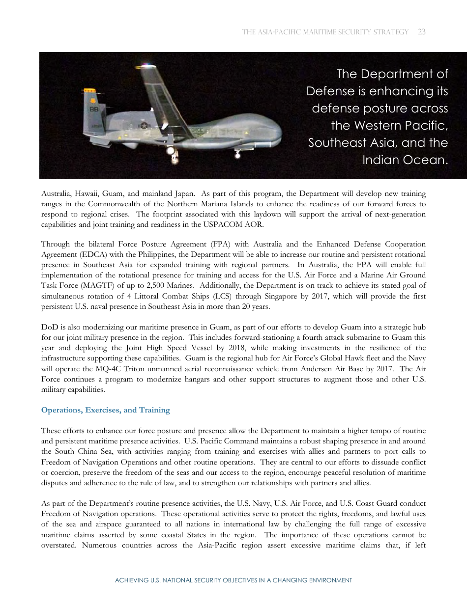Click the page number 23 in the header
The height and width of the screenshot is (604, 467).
(421, 32)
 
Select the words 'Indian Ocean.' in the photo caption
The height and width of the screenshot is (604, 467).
(405, 160)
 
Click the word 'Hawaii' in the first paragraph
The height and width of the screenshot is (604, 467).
(87, 194)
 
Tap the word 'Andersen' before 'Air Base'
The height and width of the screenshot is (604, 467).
(318, 369)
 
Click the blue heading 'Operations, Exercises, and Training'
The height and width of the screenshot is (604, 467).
(106, 410)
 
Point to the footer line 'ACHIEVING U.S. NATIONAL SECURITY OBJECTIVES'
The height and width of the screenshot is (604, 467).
(233, 580)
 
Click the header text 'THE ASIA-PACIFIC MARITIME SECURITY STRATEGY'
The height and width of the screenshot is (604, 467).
(325, 32)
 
